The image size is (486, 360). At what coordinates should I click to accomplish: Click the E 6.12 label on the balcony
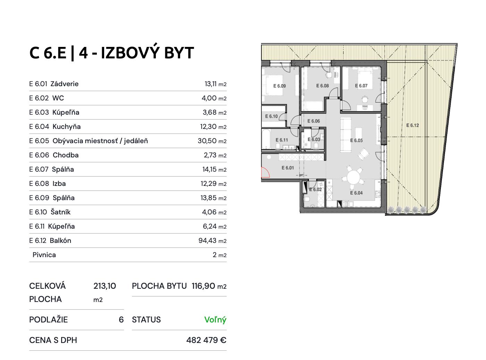tap(412, 125)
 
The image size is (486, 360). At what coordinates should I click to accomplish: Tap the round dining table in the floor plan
tap(353, 177)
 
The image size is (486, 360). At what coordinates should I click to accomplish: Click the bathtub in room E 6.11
tap(267, 139)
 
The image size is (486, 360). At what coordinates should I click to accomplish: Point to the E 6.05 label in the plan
tap(356, 140)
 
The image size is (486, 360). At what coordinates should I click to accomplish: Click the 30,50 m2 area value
tap(212, 141)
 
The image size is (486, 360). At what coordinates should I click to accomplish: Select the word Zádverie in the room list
tap(65, 84)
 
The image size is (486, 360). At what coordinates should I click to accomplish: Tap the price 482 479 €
tap(206, 340)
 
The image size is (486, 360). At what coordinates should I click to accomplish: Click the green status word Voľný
tap(215, 320)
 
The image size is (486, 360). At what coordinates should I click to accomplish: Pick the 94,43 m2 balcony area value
tap(212, 241)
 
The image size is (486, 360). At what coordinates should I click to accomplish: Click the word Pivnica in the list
tap(44, 255)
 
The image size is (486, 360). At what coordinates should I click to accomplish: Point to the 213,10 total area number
tap(104, 286)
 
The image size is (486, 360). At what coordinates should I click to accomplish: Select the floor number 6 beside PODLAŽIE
tap(121, 320)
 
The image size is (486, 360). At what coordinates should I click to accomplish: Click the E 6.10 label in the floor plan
tap(271, 116)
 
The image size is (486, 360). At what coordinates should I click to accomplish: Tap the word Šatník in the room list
tap(60, 212)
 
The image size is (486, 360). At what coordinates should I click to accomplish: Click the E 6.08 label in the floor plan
tap(322, 86)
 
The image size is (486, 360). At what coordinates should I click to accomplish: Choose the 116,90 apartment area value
tap(203, 286)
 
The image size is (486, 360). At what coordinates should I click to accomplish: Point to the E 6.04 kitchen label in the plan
tap(356, 193)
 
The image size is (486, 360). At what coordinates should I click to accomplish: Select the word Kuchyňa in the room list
tap(67, 127)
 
